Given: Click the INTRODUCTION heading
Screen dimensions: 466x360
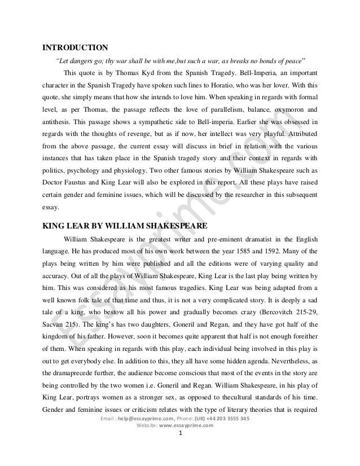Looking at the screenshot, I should (76, 47).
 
